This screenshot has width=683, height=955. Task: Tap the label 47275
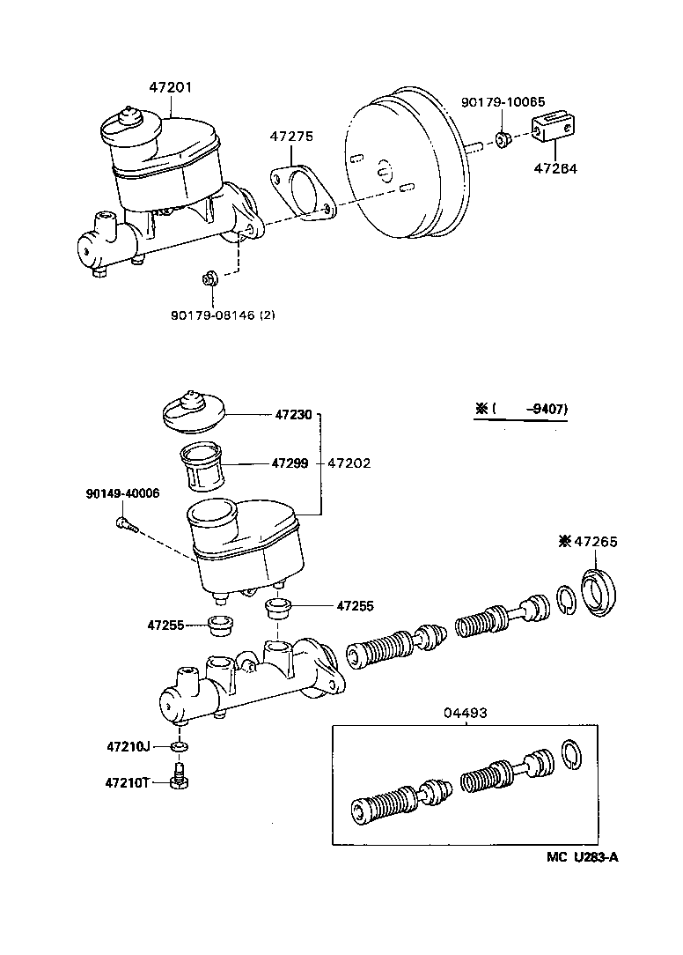point(291,137)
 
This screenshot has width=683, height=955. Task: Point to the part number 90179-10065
point(503,103)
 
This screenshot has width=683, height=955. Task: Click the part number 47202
point(349,462)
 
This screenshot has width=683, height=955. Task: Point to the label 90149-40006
point(122,493)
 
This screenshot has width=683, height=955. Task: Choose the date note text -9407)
point(546,409)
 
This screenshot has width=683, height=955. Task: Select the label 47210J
point(129,747)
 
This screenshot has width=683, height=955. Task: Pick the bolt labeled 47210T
point(180,780)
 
